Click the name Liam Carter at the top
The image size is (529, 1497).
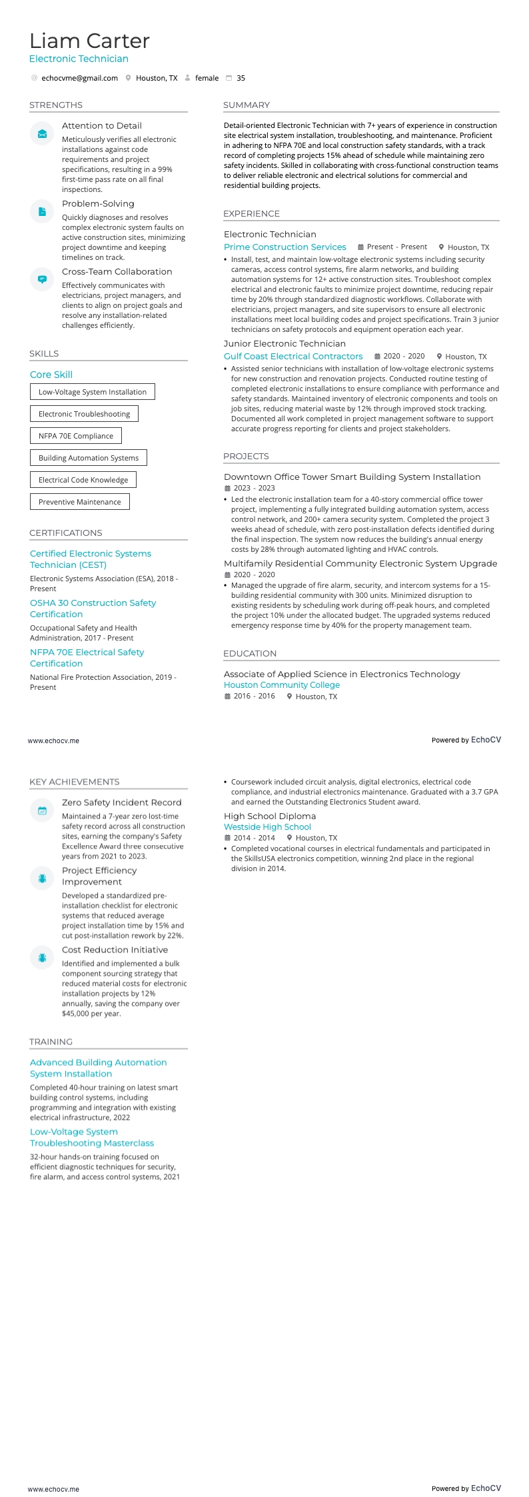tap(89, 41)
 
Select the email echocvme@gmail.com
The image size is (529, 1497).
tap(79, 78)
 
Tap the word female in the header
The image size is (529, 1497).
tap(207, 78)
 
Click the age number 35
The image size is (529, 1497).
tap(241, 78)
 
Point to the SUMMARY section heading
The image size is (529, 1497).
tap(247, 105)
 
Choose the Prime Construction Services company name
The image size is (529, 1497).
tap(284, 247)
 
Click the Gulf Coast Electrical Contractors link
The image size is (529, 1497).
tap(293, 356)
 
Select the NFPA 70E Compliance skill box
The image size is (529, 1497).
tap(76, 436)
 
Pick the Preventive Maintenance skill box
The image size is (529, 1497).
tap(80, 502)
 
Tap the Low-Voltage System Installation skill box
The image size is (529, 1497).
tap(93, 392)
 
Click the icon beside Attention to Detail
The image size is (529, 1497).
tap(42, 134)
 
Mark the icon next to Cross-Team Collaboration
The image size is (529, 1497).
tap(42, 279)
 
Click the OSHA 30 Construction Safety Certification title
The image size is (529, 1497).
tap(93, 609)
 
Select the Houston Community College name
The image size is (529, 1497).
tap(281, 685)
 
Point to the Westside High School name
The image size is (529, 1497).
tap(267, 826)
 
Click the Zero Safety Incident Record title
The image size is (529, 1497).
tap(121, 802)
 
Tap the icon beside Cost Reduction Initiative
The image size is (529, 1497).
tap(42, 958)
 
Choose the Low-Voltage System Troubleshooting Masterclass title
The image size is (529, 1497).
tap(92, 1137)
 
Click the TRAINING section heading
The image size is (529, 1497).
tap(51, 1042)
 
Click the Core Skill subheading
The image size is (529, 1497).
tap(51, 375)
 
